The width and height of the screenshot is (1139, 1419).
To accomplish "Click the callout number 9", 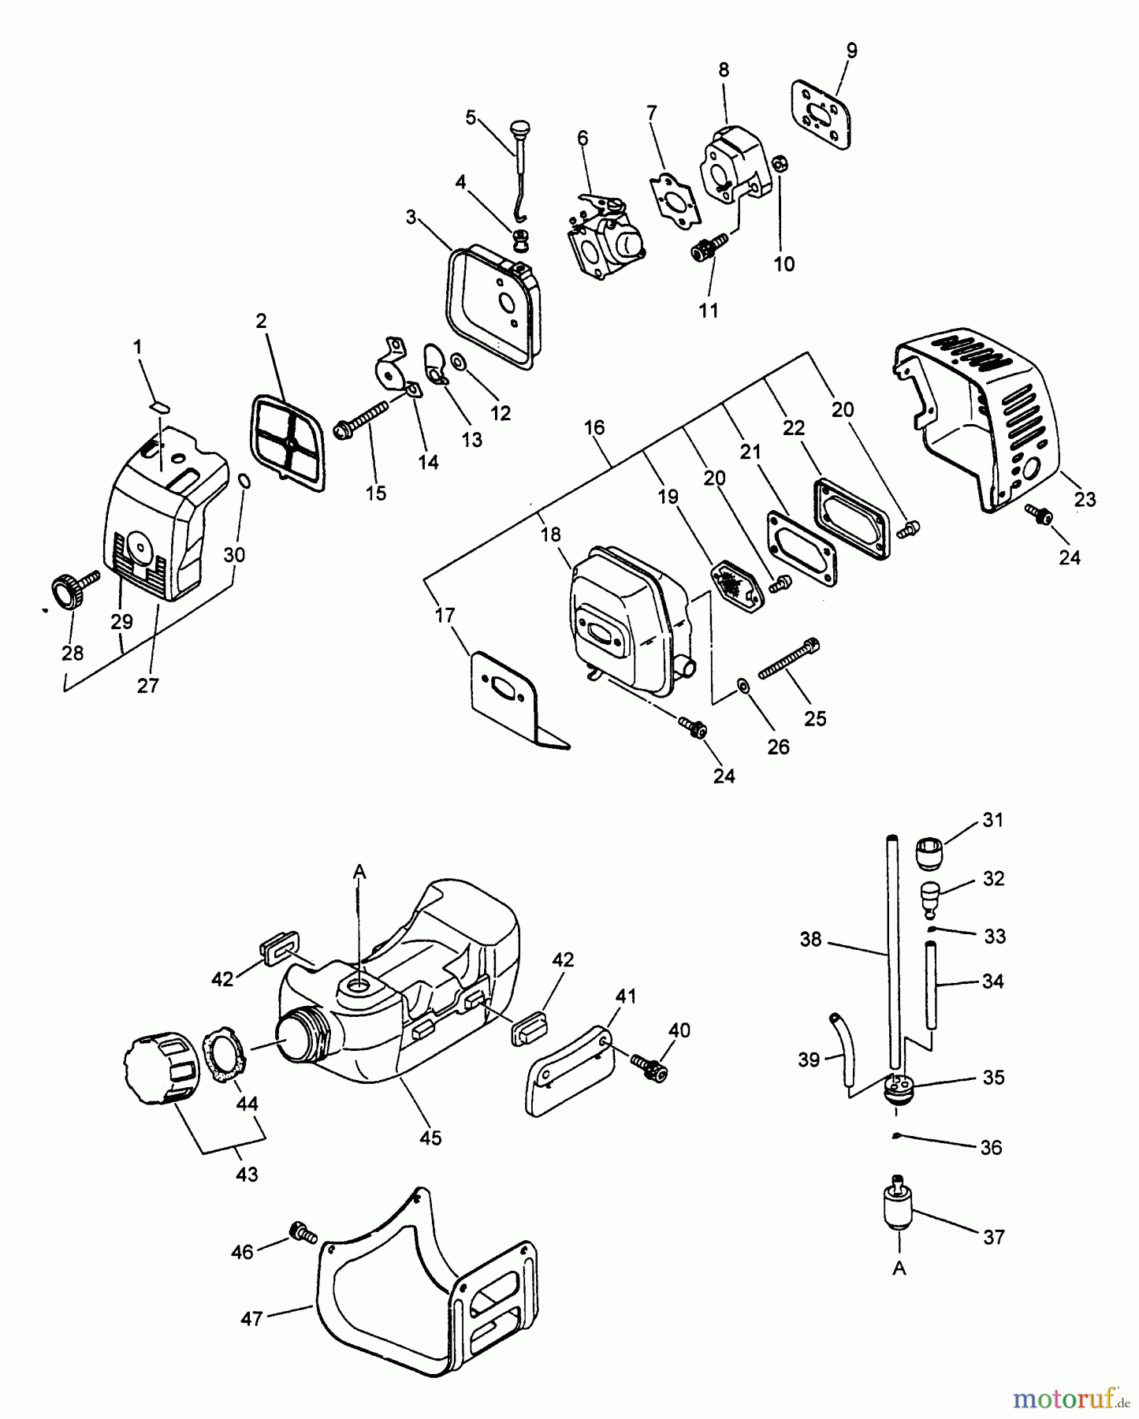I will click(x=851, y=50).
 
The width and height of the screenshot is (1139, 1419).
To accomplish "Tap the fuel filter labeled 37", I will click(x=896, y=1208).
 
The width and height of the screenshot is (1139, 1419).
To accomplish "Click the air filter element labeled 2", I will click(x=288, y=443).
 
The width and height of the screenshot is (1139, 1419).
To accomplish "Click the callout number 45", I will click(x=430, y=1137).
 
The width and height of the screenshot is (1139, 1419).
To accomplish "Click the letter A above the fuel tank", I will click(x=359, y=870).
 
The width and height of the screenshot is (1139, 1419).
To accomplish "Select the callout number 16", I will click(x=594, y=427).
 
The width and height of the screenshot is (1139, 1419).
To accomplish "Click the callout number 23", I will click(x=1085, y=499).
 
